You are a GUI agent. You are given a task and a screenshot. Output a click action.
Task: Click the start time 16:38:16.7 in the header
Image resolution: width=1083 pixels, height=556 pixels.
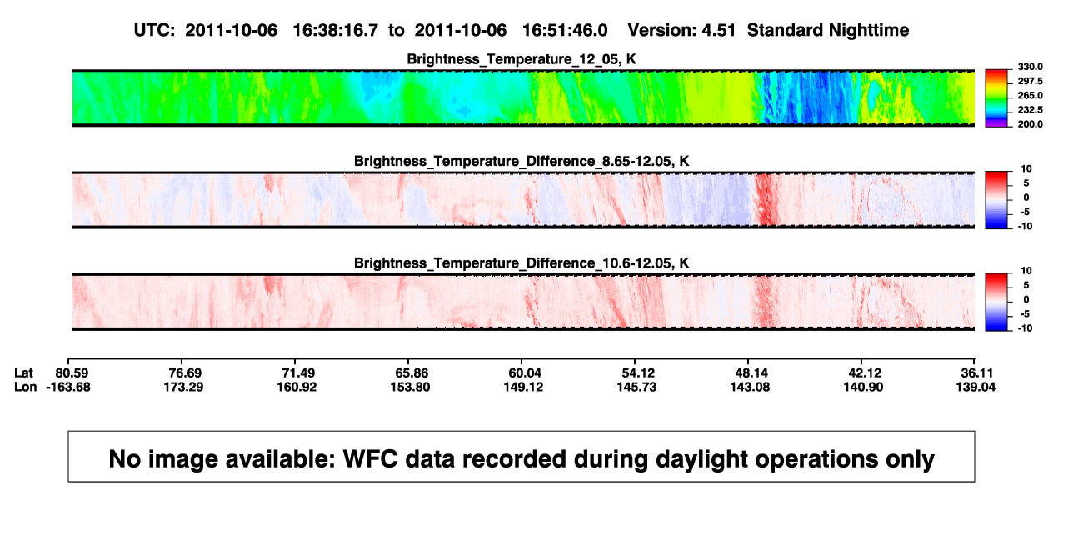coord(335,30)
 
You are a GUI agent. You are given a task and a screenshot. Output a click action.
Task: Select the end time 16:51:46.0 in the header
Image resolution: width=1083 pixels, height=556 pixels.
coord(565,30)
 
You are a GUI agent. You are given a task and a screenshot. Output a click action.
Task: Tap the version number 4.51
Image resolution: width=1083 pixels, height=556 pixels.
coord(718,30)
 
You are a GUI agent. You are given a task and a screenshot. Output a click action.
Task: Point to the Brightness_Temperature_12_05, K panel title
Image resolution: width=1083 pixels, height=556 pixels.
coord(522,59)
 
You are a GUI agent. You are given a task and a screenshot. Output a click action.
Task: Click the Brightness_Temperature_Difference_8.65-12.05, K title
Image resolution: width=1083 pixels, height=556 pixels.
coord(522,161)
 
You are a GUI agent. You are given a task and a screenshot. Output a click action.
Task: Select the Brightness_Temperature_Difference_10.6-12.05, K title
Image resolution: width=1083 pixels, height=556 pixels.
coord(522,263)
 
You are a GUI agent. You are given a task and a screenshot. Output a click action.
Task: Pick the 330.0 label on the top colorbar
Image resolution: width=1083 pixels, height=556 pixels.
coord(1030,67)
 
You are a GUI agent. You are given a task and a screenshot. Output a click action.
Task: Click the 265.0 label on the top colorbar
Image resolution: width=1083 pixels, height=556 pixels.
coord(1030,95)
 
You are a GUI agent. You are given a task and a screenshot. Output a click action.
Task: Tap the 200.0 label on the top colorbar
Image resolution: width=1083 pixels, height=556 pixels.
coord(1030,124)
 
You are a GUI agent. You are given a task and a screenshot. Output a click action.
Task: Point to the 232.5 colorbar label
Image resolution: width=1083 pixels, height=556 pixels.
coord(1030,110)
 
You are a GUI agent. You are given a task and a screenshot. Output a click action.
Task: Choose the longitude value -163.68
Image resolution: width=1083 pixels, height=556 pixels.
coord(68,387)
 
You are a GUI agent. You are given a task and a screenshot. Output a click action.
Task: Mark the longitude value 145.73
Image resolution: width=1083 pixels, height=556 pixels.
coord(636,387)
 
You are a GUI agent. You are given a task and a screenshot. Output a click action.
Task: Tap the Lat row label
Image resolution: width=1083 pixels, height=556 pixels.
coord(23,373)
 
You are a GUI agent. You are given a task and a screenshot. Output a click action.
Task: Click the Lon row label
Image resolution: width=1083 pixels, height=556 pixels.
coord(25,387)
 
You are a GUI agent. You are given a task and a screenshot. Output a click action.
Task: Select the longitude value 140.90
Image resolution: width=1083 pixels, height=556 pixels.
coord(863,387)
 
